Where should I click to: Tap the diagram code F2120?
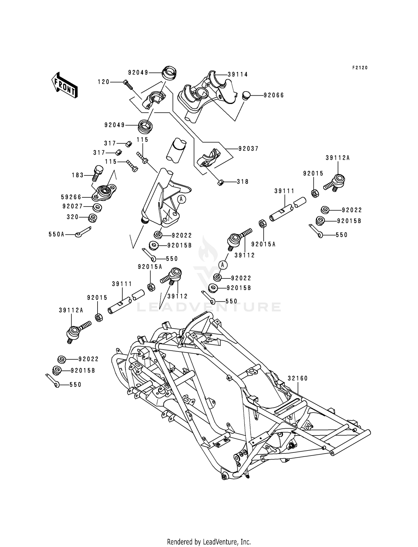360,68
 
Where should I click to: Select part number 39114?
238,74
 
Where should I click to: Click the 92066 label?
274,95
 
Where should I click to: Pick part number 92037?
249,149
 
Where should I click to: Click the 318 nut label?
243,182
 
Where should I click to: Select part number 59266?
71,197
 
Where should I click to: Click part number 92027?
72,207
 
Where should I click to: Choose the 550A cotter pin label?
56,235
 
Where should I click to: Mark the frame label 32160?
298,378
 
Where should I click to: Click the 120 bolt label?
103,82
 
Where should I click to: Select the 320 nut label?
73,217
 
